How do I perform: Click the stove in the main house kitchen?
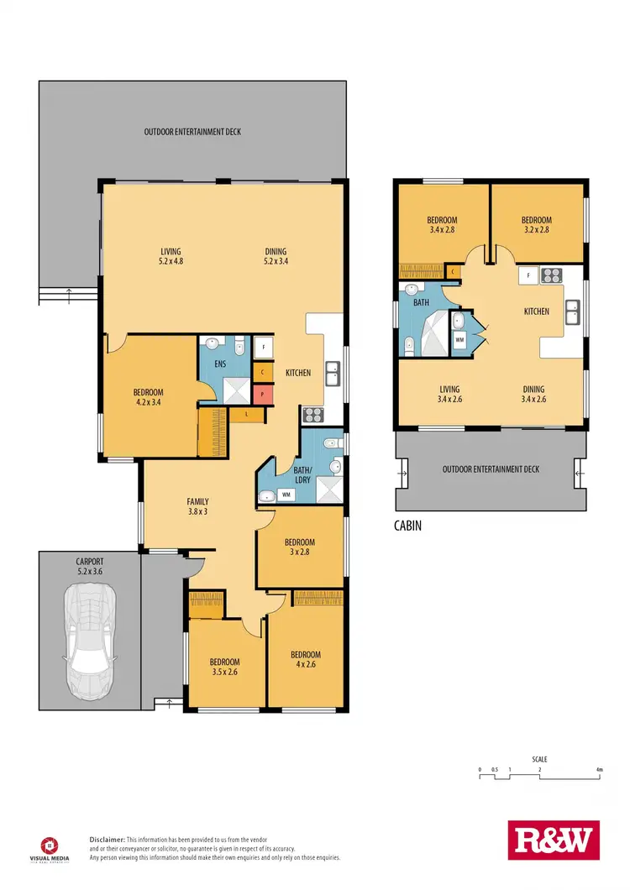coord(312,413)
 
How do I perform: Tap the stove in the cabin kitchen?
coord(551,273)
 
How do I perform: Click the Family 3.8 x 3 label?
coord(197,506)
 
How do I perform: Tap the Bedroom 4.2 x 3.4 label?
coord(148,397)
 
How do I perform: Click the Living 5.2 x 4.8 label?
coord(171,256)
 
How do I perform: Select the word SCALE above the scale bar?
coord(539,759)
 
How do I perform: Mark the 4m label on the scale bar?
coord(598,769)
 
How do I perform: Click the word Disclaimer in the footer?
coord(108,840)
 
